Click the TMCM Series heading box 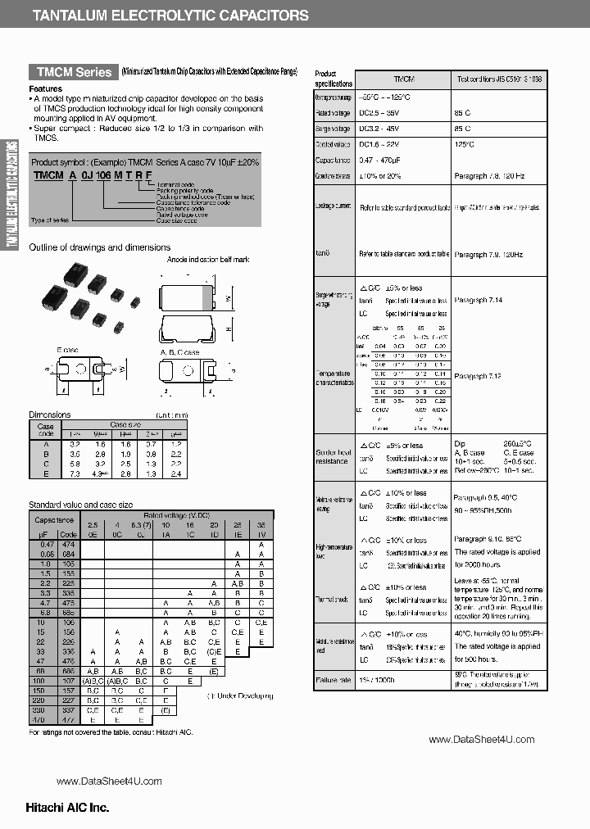[72, 72]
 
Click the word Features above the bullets [45, 88]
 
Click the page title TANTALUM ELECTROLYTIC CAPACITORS [170, 16]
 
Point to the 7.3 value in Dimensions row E [75, 473]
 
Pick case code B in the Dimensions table [46, 453]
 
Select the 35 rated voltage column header [261, 523]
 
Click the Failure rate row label [333, 680]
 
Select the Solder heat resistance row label [334, 457]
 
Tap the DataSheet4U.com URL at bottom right [481, 739]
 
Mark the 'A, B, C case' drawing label [179, 352]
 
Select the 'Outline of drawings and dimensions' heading [100, 247]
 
